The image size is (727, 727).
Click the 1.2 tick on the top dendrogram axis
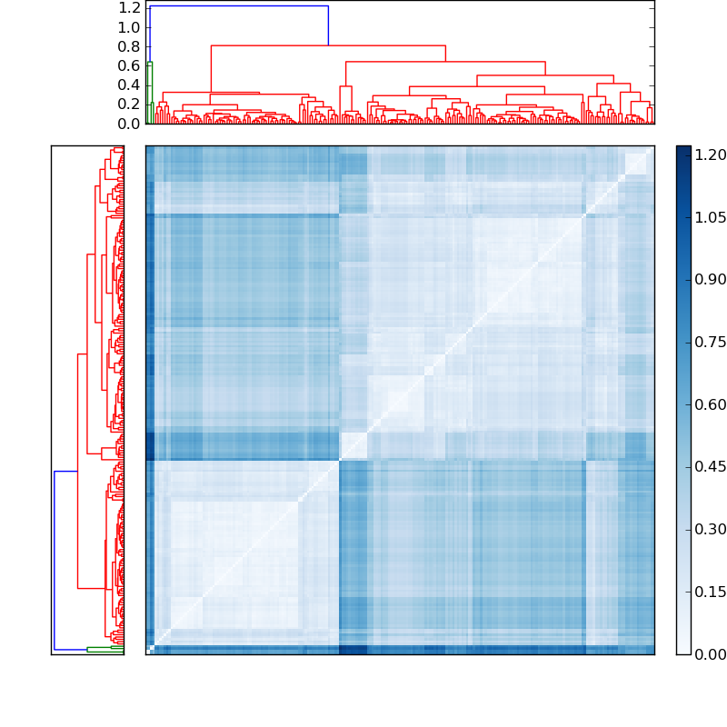click(129, 7)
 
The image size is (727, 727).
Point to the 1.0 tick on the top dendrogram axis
click(129, 27)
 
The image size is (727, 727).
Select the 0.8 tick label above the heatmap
click(129, 46)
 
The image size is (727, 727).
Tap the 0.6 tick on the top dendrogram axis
click(129, 65)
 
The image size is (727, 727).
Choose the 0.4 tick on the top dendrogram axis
click(129, 85)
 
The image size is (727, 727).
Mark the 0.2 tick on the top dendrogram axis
click(129, 105)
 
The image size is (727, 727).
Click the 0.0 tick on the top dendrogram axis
click(129, 124)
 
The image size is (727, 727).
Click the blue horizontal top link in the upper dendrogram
click(238, 6)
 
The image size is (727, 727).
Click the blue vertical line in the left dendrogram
click(55, 560)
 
